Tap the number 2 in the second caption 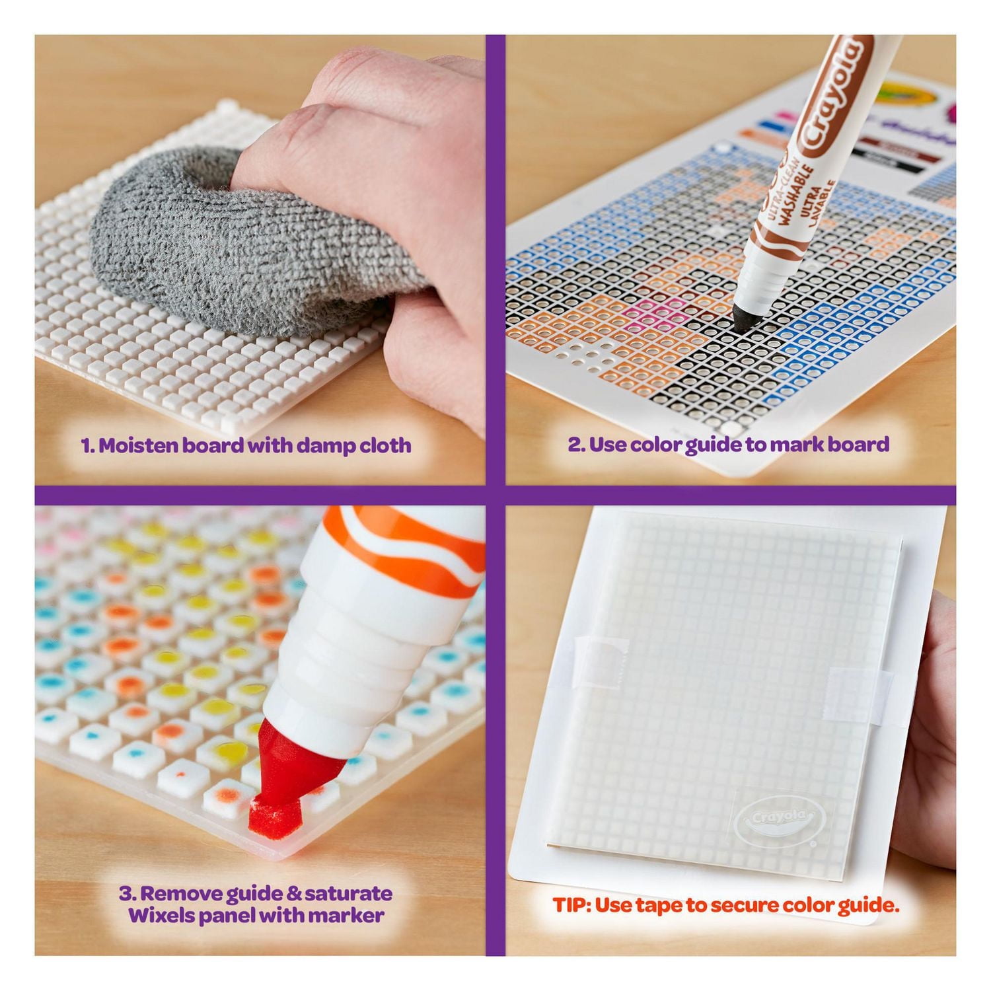(575, 444)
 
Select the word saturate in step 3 (349, 894)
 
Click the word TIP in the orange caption (570, 905)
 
